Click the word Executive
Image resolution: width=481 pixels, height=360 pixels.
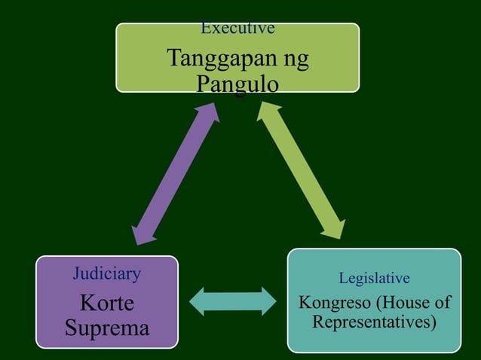tap(237, 29)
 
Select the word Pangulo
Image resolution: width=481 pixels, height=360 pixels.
tap(237, 83)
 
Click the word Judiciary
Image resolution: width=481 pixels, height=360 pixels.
tap(106, 273)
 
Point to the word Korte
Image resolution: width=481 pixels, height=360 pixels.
tap(106, 304)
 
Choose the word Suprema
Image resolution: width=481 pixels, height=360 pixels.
tap(106, 328)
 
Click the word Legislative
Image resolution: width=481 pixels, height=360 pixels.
tap(374, 279)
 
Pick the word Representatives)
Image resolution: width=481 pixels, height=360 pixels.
tap(375, 323)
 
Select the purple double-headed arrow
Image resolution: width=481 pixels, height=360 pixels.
tap(176, 173)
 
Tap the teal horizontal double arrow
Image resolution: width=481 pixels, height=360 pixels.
tap(233, 301)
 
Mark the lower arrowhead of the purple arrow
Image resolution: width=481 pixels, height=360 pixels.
tap(141, 231)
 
